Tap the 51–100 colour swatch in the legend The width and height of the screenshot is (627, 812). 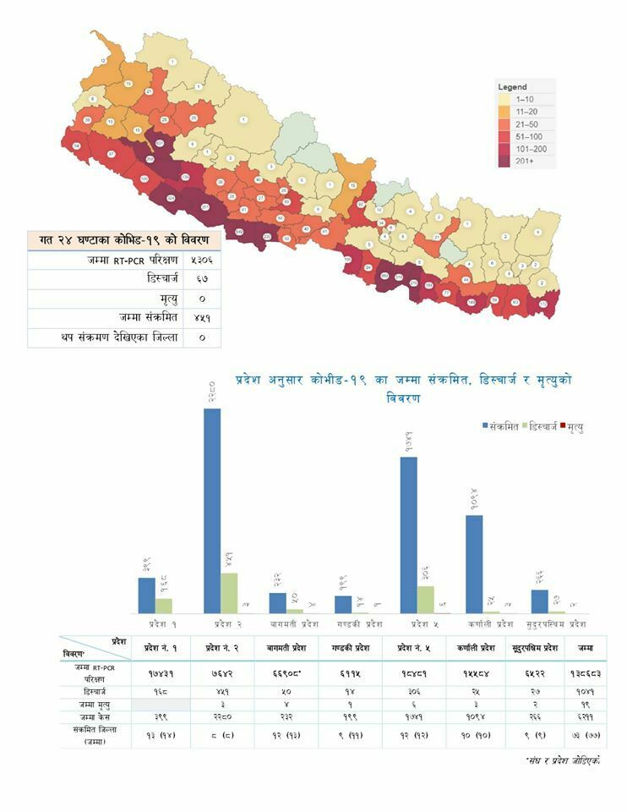click(504, 135)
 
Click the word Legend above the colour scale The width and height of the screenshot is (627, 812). click(512, 87)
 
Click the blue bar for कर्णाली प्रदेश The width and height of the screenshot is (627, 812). click(474, 563)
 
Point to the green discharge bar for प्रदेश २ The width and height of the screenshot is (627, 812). click(229, 593)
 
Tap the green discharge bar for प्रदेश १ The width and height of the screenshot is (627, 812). click(164, 606)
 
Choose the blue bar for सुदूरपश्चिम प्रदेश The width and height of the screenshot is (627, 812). click(539, 601)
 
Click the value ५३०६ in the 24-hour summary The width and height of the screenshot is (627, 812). click(202, 261)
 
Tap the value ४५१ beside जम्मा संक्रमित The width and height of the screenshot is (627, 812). click(202, 318)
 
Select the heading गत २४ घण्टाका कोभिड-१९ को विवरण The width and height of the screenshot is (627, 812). click(124, 240)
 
